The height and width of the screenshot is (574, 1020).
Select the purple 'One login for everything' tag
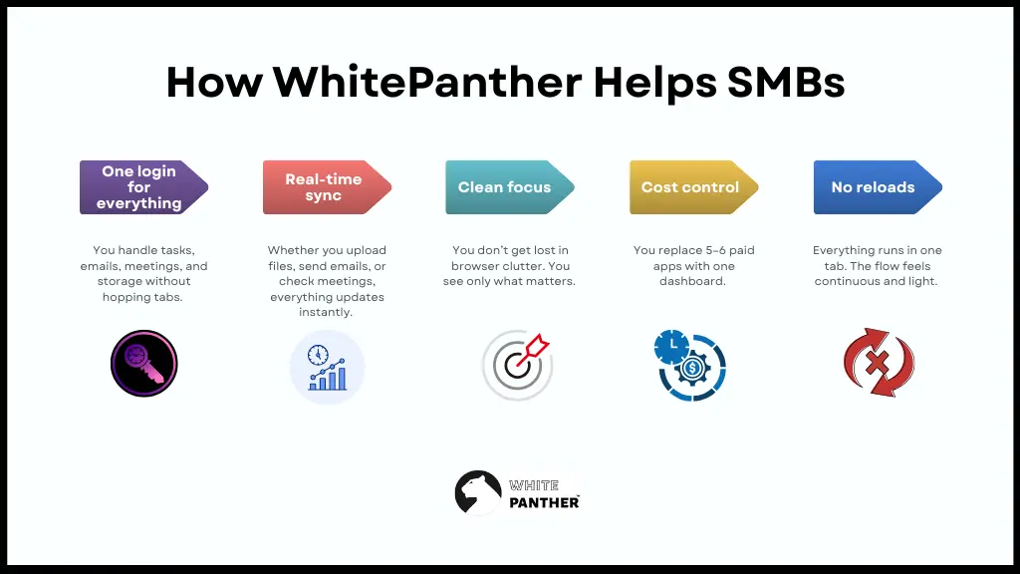click(139, 187)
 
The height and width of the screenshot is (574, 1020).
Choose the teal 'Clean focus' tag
click(505, 187)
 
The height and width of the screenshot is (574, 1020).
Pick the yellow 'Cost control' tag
click(690, 187)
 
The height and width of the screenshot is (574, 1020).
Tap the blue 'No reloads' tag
click(873, 187)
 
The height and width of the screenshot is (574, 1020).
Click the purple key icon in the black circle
click(143, 364)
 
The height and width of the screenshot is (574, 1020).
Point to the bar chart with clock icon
click(327, 367)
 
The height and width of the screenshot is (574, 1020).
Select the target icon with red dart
click(516, 364)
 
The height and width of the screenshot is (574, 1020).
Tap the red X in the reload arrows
click(878, 363)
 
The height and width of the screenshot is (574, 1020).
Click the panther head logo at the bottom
click(477, 492)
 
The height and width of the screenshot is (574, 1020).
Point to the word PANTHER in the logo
click(544, 502)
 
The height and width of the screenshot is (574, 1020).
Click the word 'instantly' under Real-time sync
click(327, 313)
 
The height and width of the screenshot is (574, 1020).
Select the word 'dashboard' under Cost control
click(690, 282)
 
